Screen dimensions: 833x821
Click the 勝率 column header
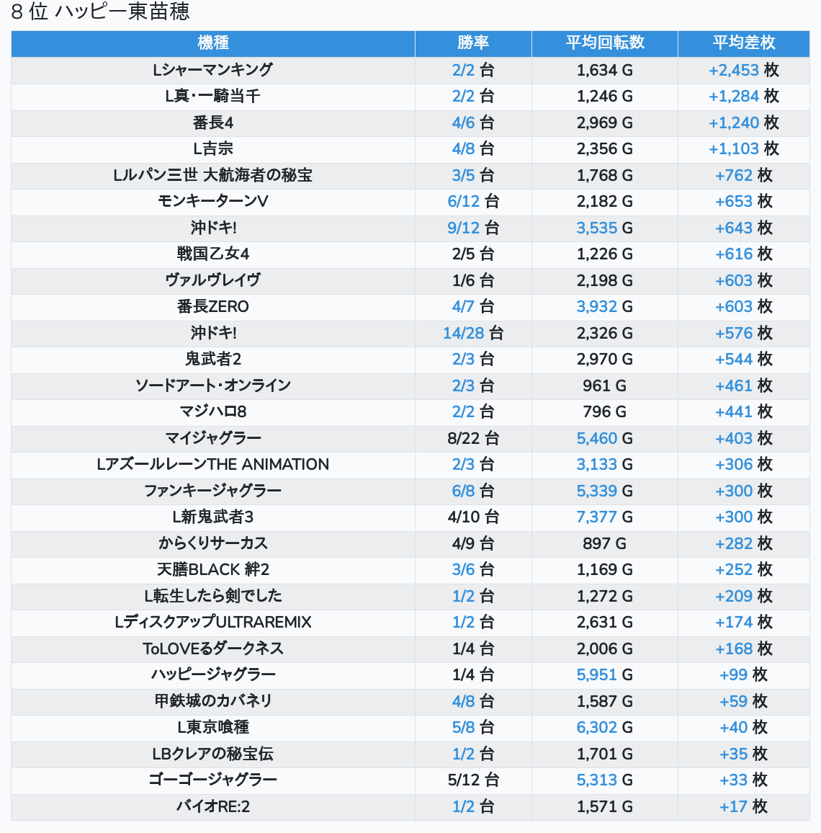(473, 43)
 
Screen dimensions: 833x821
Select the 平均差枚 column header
(743, 43)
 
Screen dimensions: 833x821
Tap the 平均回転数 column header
(604, 43)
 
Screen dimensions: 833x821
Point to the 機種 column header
(213, 43)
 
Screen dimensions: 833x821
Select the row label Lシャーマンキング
(213, 70)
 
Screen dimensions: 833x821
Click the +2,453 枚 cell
(743, 70)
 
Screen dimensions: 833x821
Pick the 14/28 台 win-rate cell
(473, 333)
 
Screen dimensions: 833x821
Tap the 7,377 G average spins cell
(604, 517)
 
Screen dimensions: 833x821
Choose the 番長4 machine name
(213, 122)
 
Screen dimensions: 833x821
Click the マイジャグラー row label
(213, 438)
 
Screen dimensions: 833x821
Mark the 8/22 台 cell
(473, 438)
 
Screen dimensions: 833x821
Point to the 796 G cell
(604, 411)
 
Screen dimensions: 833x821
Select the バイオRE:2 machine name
(213, 806)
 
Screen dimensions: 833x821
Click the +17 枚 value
(743, 806)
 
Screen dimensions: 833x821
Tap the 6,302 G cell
(604, 727)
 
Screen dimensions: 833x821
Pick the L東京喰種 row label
(213, 727)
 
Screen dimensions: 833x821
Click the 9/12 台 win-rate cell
(473, 228)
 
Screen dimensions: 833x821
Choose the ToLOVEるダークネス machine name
(213, 649)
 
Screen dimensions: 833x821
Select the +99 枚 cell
(743, 674)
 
